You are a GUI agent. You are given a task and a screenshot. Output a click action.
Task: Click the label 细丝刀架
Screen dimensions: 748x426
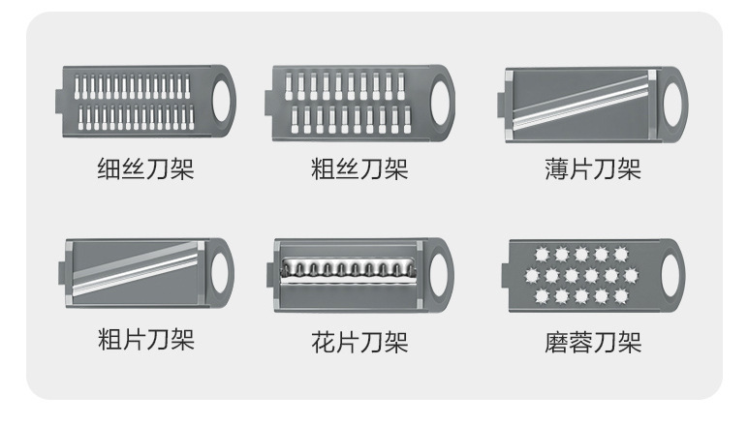click(146, 169)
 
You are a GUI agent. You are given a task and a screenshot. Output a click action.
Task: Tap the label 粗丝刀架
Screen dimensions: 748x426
click(359, 169)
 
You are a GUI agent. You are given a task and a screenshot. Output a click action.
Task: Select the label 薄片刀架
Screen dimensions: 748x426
click(592, 169)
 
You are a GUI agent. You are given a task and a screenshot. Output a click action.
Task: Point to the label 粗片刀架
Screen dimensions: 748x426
click(146, 341)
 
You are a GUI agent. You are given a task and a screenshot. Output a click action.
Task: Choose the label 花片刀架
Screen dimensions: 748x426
click(359, 341)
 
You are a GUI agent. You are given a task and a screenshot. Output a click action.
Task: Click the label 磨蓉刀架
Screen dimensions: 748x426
click(592, 341)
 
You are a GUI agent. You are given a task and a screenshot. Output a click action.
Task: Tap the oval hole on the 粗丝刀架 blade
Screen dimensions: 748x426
click(442, 101)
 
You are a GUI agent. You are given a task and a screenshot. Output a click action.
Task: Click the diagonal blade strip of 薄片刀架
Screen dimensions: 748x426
click(581, 103)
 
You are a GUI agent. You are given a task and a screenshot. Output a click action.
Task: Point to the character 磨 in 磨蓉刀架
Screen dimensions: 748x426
click(556, 341)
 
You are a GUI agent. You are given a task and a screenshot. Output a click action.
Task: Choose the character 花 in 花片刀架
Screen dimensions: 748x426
click(324, 341)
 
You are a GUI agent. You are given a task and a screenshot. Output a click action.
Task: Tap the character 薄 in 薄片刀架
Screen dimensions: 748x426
click(556, 169)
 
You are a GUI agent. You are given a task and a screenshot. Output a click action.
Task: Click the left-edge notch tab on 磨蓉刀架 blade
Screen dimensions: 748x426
click(505, 273)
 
